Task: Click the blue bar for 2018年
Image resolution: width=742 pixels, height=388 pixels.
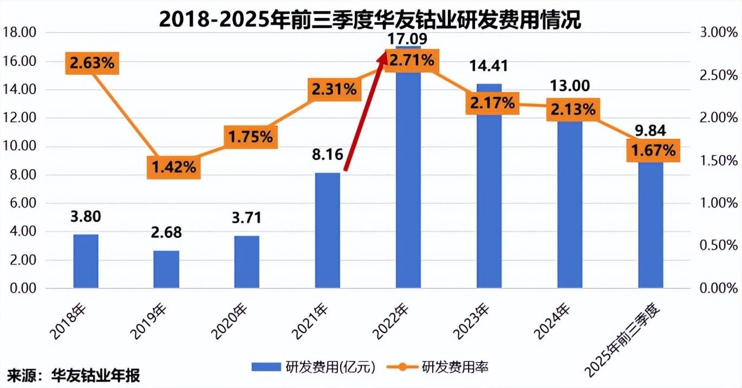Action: tap(86, 261)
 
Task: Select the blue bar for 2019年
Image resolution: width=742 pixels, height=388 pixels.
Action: tap(166, 269)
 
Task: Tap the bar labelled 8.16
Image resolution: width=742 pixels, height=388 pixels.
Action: tap(327, 230)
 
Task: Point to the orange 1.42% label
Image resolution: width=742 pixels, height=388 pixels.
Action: tap(173, 167)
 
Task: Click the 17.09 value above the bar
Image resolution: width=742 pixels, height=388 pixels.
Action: tap(408, 38)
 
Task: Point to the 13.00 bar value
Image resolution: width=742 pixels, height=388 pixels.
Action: tap(570, 86)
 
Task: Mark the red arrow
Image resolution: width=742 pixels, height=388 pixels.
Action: tap(365, 112)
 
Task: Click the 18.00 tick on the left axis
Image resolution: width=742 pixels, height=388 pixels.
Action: tap(19, 33)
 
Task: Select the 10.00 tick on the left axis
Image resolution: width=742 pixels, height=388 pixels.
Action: tap(19, 146)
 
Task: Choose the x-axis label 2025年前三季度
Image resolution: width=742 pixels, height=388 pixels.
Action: tap(626, 338)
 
